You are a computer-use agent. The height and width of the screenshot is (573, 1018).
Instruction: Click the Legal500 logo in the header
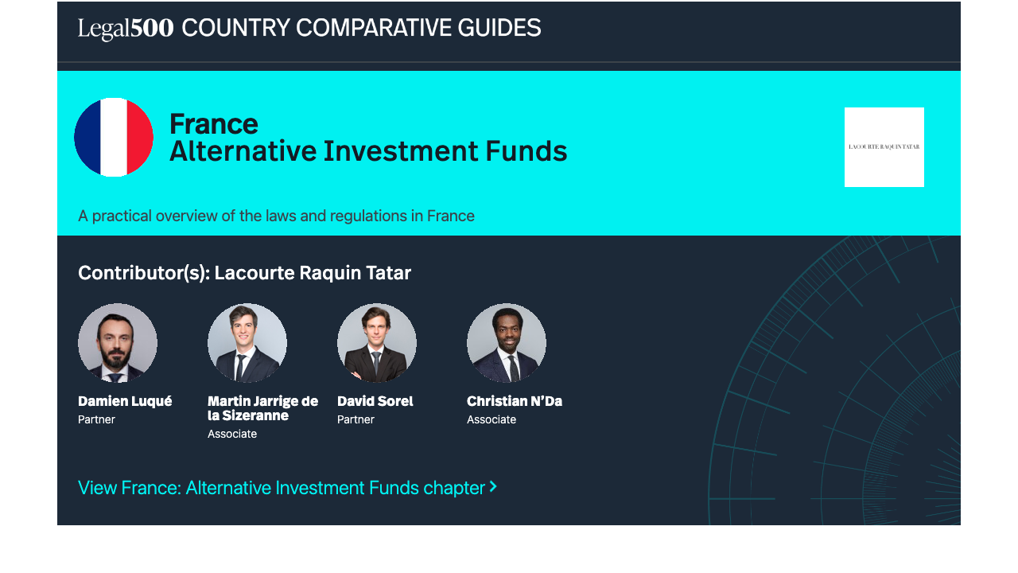coord(126,29)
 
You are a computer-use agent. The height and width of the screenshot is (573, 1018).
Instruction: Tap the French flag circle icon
coord(114,137)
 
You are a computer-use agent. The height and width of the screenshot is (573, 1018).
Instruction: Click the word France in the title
coord(214,123)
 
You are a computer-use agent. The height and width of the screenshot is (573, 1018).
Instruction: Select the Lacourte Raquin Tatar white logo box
coord(884,147)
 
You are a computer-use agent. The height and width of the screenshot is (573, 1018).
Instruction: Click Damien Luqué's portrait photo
coord(118,342)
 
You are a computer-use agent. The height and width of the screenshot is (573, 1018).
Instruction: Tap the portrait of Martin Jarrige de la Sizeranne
coord(247,342)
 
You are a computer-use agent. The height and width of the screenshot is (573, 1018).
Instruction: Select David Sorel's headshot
coord(377,342)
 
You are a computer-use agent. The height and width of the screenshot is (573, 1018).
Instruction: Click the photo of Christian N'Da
coord(507,342)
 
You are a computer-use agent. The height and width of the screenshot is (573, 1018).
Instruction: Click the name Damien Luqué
coord(125,401)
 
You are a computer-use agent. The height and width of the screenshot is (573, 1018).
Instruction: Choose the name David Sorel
coord(375,401)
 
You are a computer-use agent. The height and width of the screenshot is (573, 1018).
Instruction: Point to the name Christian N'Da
coord(515,401)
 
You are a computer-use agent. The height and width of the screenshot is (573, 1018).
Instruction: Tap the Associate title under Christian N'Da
coord(492,419)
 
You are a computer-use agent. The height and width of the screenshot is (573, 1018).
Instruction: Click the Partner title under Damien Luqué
coord(96,419)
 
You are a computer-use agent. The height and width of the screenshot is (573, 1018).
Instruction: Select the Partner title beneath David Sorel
coord(356,419)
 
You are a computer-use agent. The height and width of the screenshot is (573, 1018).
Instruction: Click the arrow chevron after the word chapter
coord(493,487)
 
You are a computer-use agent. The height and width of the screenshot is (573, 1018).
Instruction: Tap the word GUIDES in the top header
coord(499,28)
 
